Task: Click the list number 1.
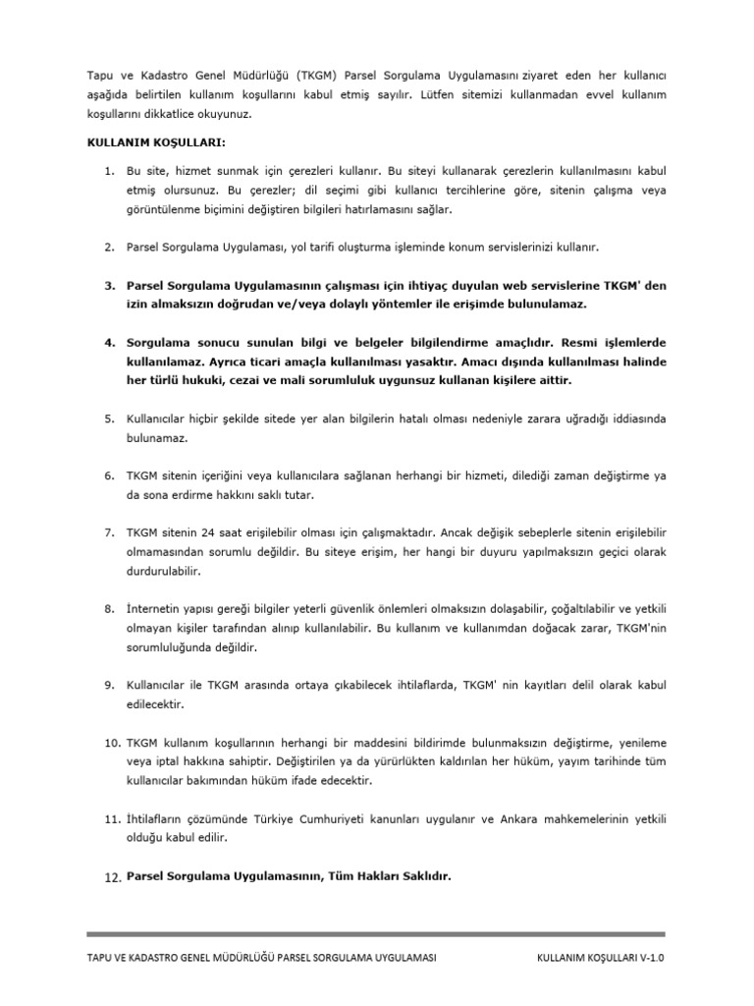(x=110, y=173)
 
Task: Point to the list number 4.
(x=110, y=343)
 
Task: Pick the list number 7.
(x=110, y=531)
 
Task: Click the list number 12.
(x=112, y=877)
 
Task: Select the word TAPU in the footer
(x=101, y=957)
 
